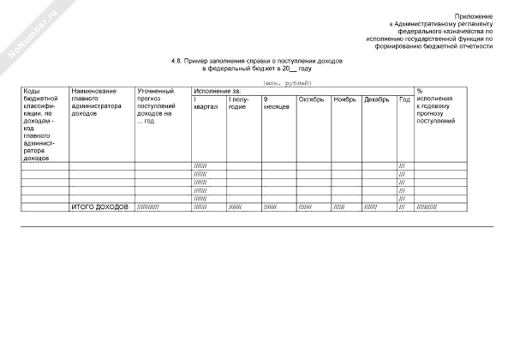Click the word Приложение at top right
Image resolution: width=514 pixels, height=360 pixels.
pyautogui.click(x=474, y=16)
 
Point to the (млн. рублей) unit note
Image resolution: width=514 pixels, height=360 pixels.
pyautogui.click(x=289, y=82)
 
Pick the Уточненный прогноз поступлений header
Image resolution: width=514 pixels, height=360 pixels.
pyautogui.click(x=157, y=105)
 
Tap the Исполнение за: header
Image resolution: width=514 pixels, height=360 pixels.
pyautogui.click(x=218, y=90)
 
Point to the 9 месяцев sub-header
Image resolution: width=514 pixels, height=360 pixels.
pyautogui.click(x=277, y=105)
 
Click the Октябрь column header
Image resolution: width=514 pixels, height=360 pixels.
pyautogui.click(x=311, y=100)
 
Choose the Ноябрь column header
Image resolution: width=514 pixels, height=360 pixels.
pyautogui.click(x=344, y=100)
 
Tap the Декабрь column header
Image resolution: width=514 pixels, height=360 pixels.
pyautogui.click(x=377, y=100)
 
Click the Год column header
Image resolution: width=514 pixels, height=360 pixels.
pyautogui.click(x=404, y=100)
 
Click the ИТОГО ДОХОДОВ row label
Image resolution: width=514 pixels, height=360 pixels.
pyautogui.click(x=101, y=207)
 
